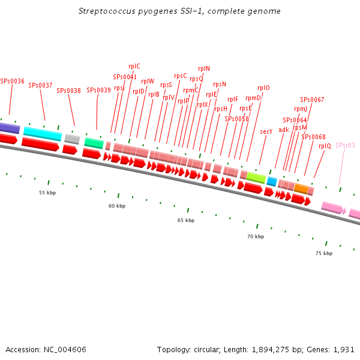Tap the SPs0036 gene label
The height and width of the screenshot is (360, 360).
(x=12, y=81)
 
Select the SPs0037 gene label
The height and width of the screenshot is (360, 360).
(x=40, y=85)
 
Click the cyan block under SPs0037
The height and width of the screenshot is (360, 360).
(x=43, y=133)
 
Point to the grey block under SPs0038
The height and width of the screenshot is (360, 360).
(x=72, y=139)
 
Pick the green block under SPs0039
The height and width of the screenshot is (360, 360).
(x=94, y=143)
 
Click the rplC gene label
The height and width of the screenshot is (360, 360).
(x=134, y=66)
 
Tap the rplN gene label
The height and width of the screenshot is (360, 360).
(x=204, y=68)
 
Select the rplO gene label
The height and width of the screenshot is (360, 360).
(x=263, y=88)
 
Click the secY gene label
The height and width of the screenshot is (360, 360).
(x=266, y=131)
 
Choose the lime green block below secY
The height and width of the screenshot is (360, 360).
(x=256, y=177)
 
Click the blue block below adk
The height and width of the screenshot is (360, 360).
(x=272, y=181)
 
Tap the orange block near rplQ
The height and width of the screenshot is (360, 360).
(x=301, y=188)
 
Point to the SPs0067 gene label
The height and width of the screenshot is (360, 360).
(x=312, y=100)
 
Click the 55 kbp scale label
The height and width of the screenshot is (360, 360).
(x=47, y=193)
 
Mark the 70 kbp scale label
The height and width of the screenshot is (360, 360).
(x=256, y=236)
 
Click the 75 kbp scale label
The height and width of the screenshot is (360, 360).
(x=323, y=253)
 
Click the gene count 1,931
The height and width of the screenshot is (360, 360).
(x=344, y=349)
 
